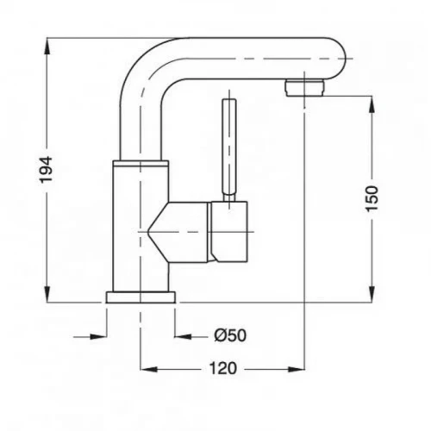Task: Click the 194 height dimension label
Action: point(46,170)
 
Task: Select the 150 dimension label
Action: point(372,199)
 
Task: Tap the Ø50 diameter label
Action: point(230,335)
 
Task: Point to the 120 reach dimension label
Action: point(223,368)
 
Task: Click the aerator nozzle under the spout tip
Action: point(304,88)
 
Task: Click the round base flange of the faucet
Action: point(141,297)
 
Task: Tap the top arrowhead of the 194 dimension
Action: point(47,46)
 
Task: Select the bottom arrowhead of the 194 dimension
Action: point(47,294)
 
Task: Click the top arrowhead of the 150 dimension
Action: point(372,105)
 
